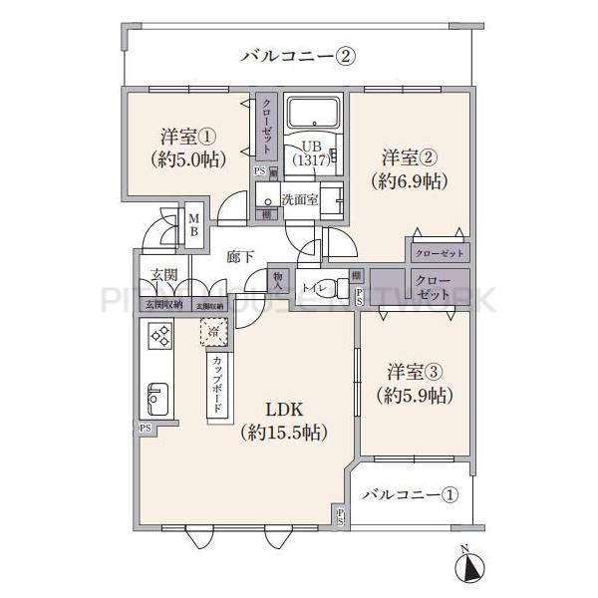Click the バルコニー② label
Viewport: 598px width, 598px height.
click(x=298, y=56)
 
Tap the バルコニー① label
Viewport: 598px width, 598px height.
click(x=410, y=494)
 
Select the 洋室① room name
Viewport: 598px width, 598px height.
click(x=185, y=137)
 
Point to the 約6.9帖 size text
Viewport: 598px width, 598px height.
click(x=410, y=181)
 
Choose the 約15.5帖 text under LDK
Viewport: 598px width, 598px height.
click(x=284, y=433)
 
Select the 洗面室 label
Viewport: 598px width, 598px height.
click(x=299, y=198)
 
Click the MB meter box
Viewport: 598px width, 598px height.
click(x=195, y=226)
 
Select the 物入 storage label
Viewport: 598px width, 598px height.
click(x=279, y=281)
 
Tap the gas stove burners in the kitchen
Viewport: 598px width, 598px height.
click(x=158, y=337)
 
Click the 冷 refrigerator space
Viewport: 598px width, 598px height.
click(x=214, y=330)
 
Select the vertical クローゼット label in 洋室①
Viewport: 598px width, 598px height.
click(x=267, y=128)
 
